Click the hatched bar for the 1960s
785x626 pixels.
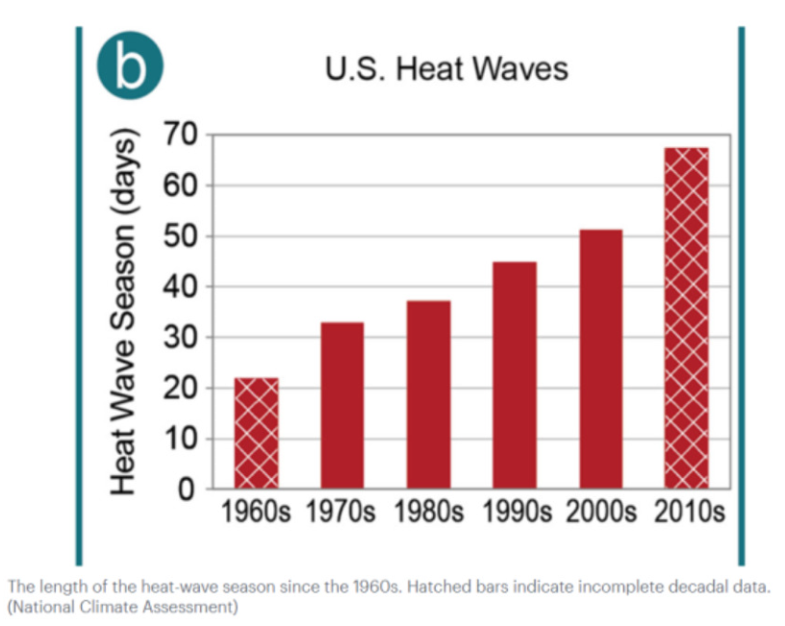pos(256,433)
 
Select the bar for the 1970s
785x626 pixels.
pos(342,405)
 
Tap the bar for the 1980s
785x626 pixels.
pos(428,394)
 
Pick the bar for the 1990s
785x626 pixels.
pos(515,375)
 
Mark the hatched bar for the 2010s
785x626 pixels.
pos(687,317)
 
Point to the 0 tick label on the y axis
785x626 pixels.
pos(188,489)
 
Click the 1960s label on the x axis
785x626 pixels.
pos(256,512)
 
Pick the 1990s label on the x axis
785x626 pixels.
pos(515,512)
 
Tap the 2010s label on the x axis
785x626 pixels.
pos(688,512)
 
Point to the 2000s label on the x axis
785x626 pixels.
pos(601,512)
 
